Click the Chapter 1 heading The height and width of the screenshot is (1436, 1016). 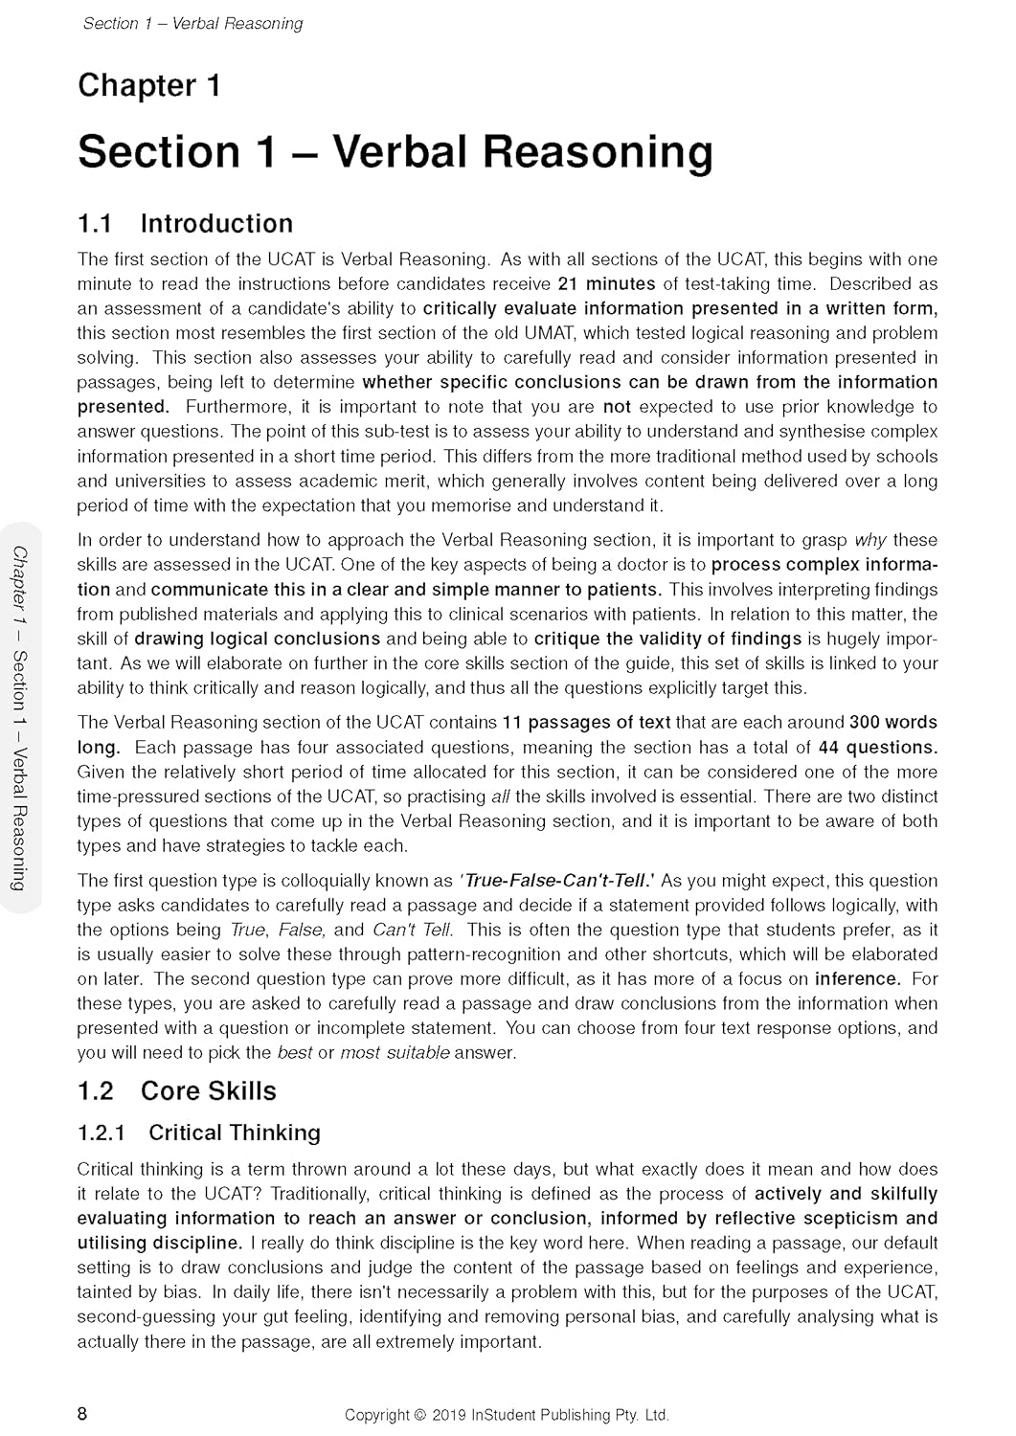tap(148, 86)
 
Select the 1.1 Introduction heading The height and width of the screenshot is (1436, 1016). tap(185, 224)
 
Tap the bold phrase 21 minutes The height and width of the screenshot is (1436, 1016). tap(606, 284)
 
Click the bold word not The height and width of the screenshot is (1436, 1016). tap(617, 407)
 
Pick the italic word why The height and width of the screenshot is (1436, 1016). tap(869, 541)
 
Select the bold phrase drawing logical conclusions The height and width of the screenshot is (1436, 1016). tap(258, 639)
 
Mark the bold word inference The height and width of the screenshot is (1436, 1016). tap(857, 979)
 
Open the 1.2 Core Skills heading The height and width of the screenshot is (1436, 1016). tap(176, 1091)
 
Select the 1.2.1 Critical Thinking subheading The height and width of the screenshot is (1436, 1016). tap(198, 1133)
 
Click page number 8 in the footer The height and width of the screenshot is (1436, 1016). tap(83, 1414)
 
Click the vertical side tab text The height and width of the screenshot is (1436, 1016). tap(20, 718)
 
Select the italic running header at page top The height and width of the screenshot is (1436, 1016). tap(192, 24)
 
